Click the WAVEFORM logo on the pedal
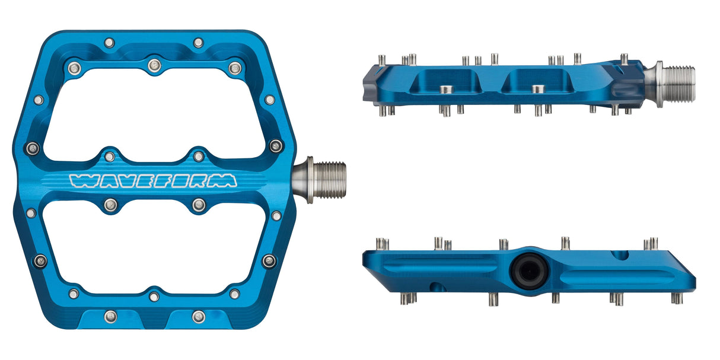tap(153, 181)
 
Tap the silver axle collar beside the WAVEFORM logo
tap(302, 180)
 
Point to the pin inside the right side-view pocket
tap(537, 90)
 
